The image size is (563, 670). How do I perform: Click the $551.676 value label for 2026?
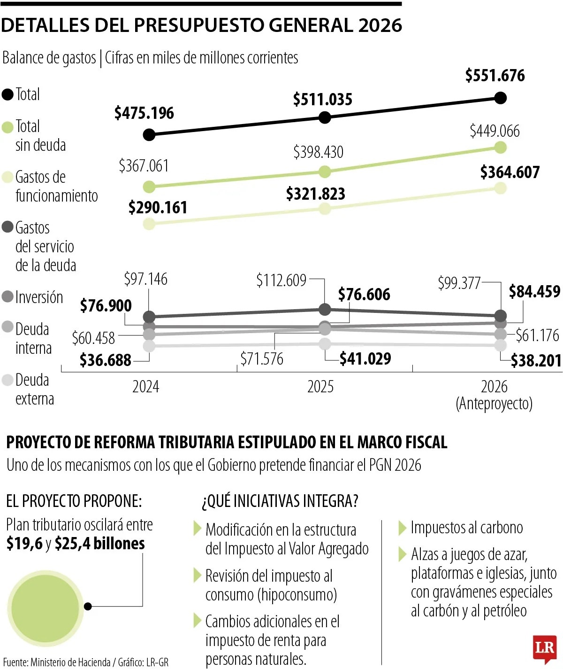tap(495, 76)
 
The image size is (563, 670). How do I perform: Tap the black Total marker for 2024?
tap(149, 135)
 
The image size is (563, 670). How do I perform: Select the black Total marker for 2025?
tap(325, 117)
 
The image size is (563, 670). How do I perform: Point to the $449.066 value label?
tap(495, 131)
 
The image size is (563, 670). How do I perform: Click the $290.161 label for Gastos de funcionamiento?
tap(158, 208)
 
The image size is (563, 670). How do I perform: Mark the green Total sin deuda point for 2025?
tap(325, 172)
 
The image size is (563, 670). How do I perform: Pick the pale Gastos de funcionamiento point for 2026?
tap(501, 188)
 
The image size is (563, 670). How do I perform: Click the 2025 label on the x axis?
tap(320, 387)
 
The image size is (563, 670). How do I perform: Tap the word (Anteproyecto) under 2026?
tap(494, 404)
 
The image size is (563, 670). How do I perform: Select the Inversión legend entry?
tap(38, 297)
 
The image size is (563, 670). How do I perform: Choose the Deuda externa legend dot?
tap(8, 380)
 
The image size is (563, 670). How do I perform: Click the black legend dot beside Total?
tap(8, 94)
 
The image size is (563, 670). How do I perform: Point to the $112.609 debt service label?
tap(281, 280)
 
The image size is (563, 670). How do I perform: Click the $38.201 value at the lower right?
tap(536, 361)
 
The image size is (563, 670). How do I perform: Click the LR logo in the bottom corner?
tap(545, 649)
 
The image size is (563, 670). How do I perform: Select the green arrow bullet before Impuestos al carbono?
tap(402, 528)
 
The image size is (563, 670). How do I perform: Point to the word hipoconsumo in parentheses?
tap(297, 595)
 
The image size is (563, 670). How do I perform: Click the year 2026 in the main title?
tap(380, 25)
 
